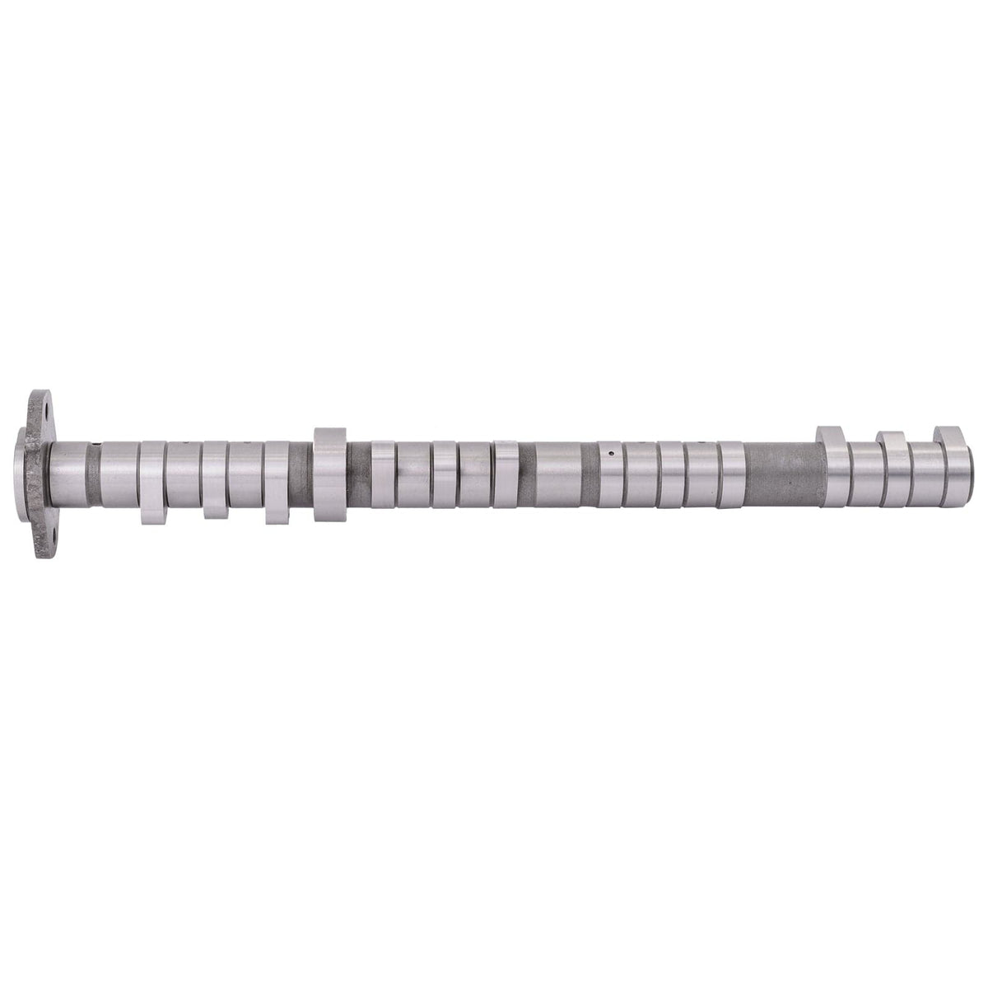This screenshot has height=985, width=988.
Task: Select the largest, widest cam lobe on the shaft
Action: (x=329, y=475)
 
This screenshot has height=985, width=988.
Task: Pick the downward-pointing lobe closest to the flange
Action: (x=152, y=482)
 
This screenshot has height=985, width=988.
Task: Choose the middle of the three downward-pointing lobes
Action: (x=215, y=479)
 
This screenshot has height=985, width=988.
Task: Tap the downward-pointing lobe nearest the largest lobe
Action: (x=277, y=481)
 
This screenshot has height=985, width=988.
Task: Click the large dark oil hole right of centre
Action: (x=609, y=452)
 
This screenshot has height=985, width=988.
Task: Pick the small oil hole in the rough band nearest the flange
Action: (x=100, y=449)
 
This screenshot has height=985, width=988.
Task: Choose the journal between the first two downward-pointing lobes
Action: (x=184, y=475)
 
